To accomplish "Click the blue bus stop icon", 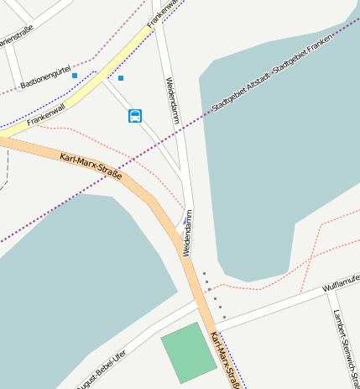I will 135,116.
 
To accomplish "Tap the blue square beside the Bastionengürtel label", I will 75,76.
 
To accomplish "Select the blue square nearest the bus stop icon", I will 121,78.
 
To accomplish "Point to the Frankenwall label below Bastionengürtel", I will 45,115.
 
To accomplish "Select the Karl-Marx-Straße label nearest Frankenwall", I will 91,166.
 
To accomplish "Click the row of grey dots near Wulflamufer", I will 214,294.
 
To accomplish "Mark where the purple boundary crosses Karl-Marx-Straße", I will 132,172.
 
